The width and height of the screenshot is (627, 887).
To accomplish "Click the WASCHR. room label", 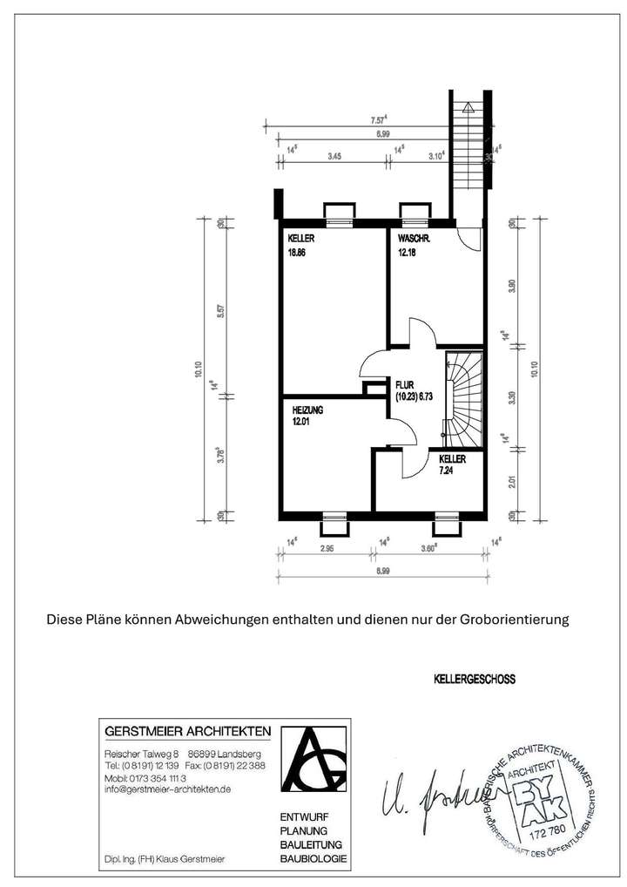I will [x=415, y=239].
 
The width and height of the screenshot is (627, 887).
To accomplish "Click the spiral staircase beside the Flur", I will [x=463, y=392].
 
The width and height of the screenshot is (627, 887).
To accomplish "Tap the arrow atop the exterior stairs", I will [x=469, y=108].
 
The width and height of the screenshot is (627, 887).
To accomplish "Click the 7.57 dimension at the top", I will [x=378, y=119].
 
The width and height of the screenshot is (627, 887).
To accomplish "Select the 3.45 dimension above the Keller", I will [x=334, y=157].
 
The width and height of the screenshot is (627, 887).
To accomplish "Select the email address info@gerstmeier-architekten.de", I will [x=167, y=789].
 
